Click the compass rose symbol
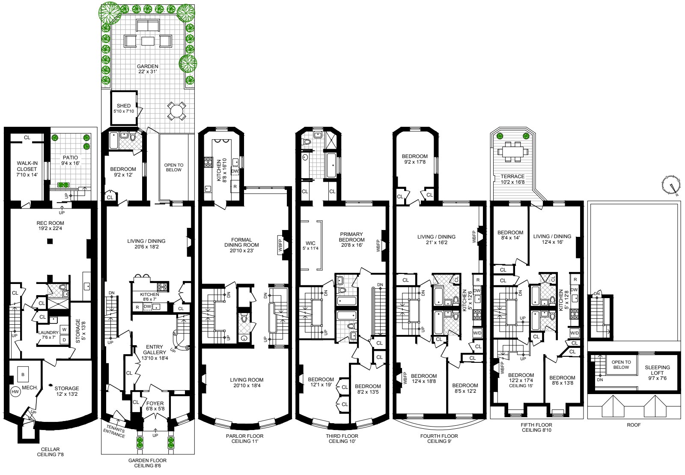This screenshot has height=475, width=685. (670, 185)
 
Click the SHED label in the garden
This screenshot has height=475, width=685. (124, 106)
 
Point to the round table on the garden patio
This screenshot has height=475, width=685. (177, 111)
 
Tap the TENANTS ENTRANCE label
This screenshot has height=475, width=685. (114, 433)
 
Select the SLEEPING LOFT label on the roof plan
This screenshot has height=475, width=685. (657, 373)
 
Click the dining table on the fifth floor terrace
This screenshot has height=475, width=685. (512, 152)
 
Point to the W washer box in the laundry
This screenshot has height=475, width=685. (64, 329)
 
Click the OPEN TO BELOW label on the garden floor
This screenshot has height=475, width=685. (173, 167)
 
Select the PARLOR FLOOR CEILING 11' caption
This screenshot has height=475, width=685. (244, 439)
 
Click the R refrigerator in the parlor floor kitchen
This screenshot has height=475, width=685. (235, 187)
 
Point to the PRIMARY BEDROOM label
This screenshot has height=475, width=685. (351, 237)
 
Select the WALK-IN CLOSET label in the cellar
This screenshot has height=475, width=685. (27, 169)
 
